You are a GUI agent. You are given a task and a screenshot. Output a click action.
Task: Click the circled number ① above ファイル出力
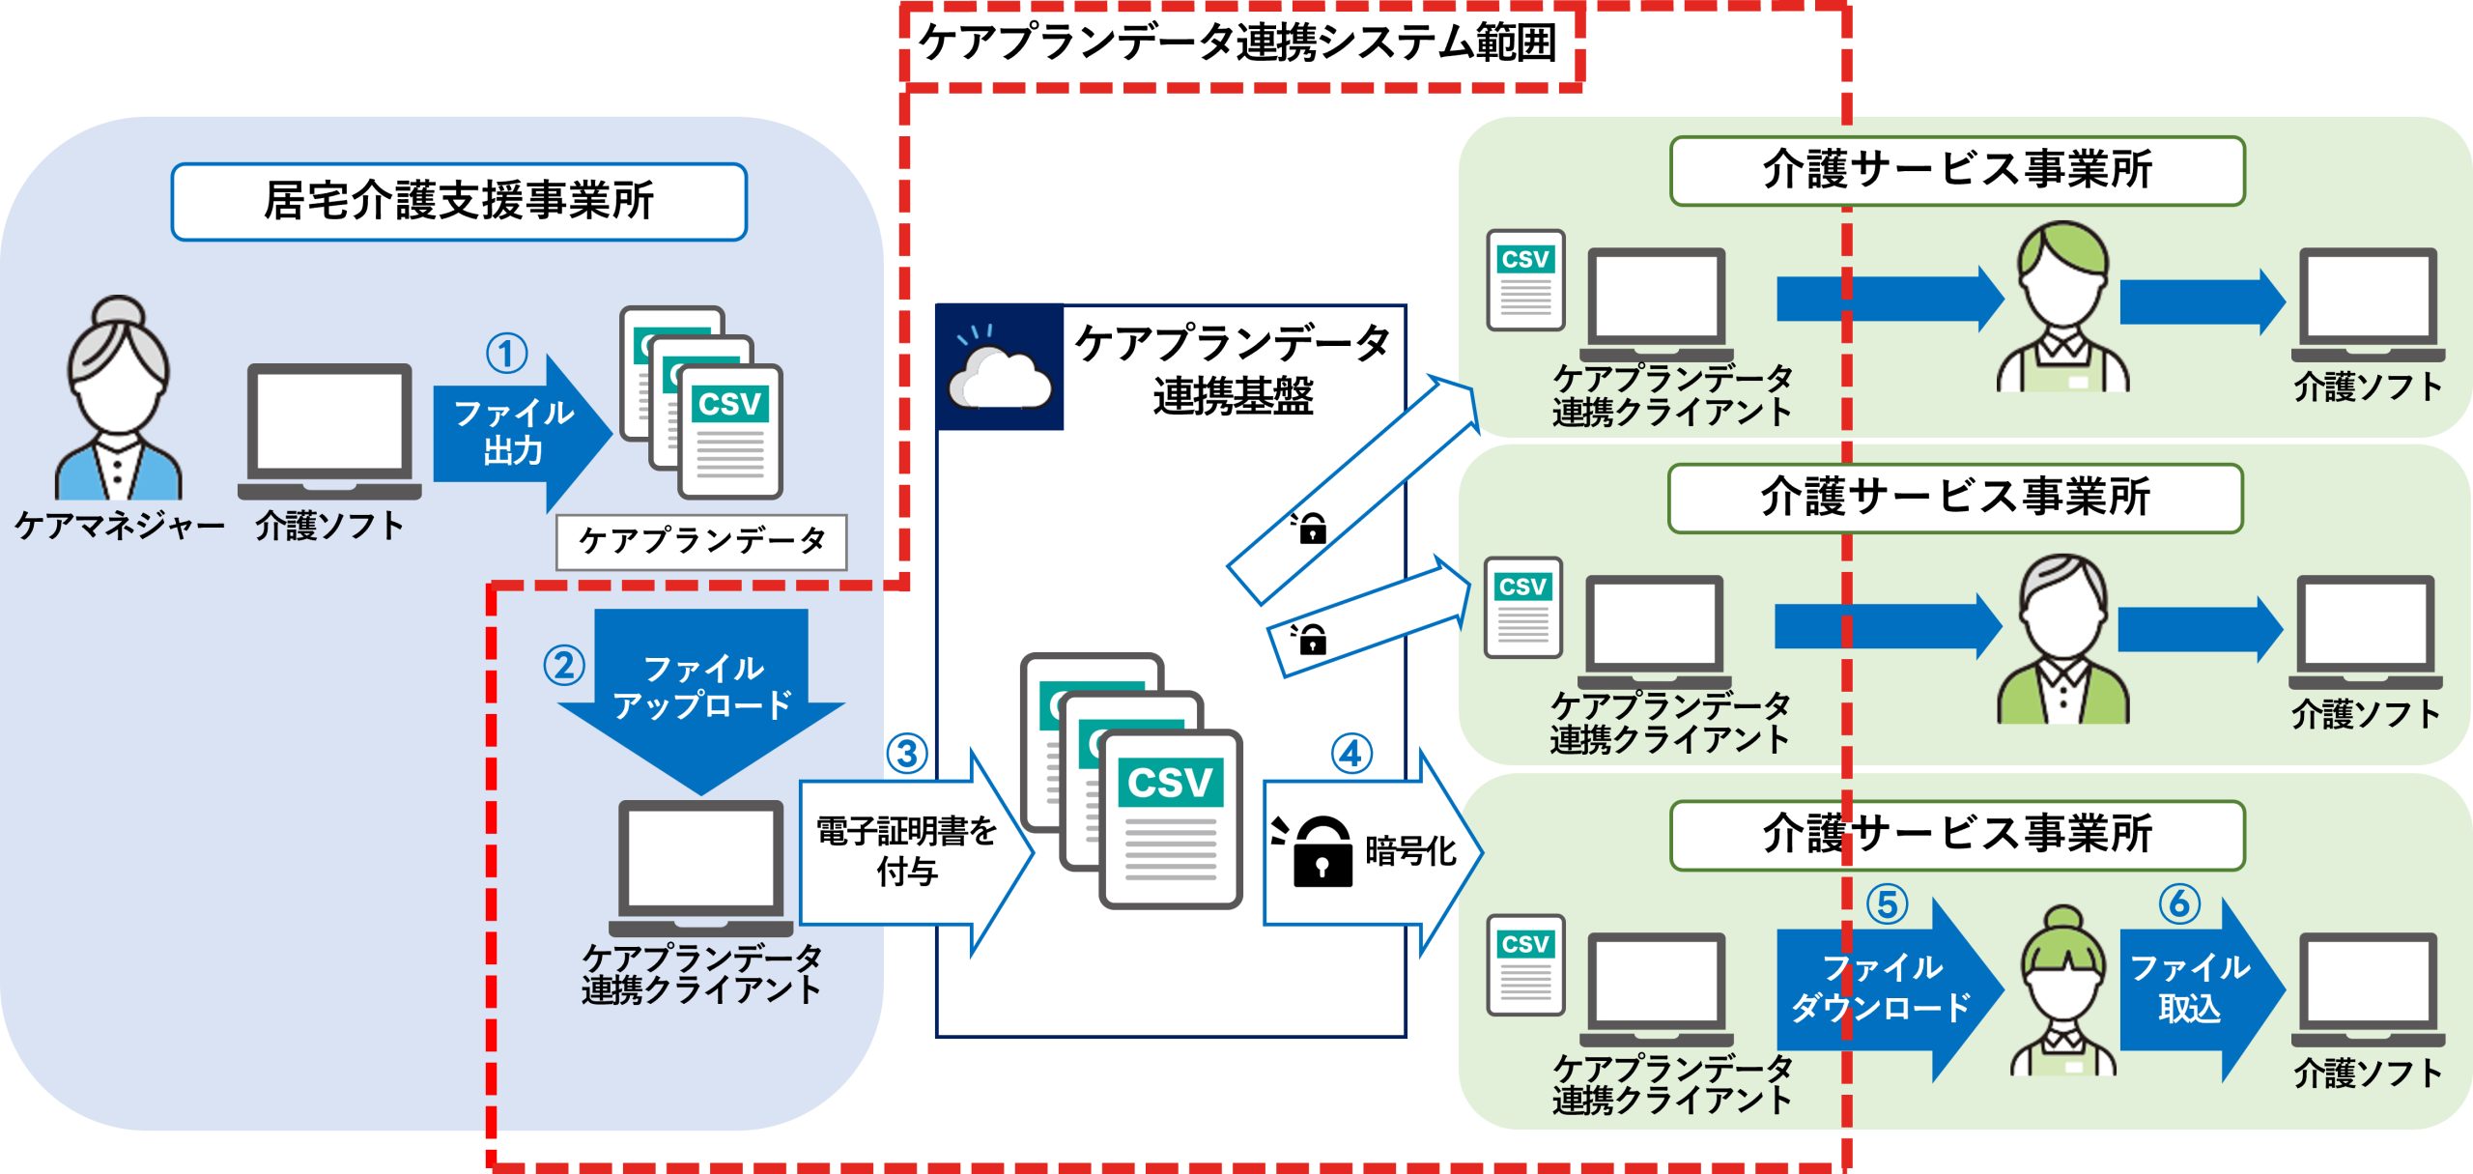[506, 354]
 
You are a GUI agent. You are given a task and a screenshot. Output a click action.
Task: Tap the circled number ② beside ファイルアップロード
[564, 666]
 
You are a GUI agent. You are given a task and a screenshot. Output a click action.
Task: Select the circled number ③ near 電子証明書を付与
[907, 754]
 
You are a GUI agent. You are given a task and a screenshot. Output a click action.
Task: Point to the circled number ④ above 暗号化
[1351, 754]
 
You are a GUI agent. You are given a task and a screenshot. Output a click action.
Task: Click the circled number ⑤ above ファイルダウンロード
[1887, 905]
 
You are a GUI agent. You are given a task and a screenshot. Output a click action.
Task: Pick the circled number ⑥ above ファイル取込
[2179, 904]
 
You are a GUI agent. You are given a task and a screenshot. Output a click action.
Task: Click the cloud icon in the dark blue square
[1000, 379]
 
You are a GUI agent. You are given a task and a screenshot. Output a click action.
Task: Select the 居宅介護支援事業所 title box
[459, 201]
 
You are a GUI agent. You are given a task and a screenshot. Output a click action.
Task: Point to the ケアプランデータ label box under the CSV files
[701, 541]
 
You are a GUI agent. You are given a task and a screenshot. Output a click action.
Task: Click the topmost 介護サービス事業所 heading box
[1957, 170]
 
